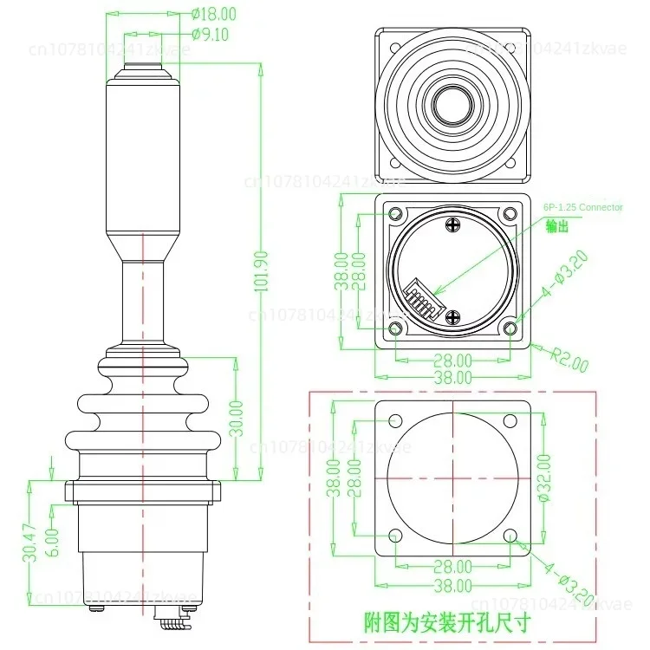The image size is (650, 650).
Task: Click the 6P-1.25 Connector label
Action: [582, 207]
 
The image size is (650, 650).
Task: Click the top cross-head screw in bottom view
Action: [454, 225]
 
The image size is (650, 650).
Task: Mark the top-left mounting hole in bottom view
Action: [396, 214]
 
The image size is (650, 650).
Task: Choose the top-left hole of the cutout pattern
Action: [395, 421]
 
